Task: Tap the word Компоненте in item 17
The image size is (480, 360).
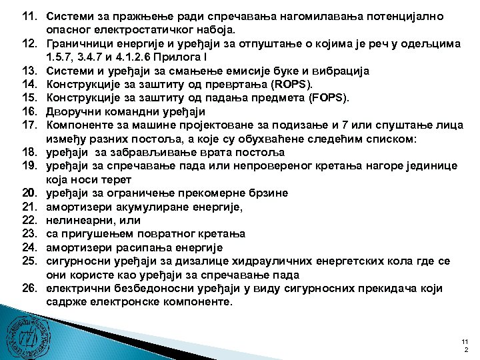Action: [79, 125]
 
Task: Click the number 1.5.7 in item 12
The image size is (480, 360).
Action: [61, 57]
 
